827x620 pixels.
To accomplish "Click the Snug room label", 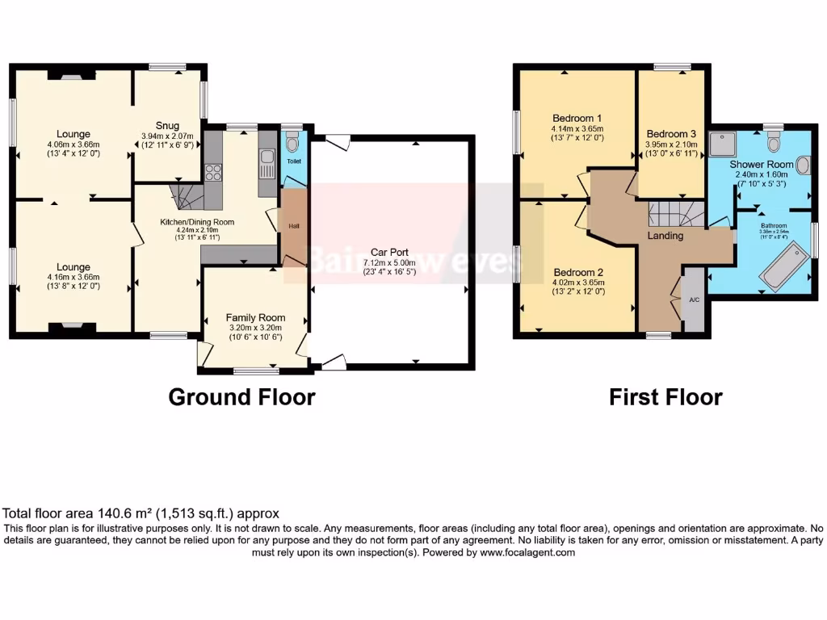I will tap(167, 125).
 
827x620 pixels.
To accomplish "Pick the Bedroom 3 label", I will tap(671, 133).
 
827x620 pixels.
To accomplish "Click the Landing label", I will tap(665, 236).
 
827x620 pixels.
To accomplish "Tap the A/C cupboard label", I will tap(694, 300).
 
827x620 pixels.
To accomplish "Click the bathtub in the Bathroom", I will tap(786, 270).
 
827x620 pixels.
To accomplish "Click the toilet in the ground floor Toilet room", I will tap(293, 145).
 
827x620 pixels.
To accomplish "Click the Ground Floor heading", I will tap(241, 397).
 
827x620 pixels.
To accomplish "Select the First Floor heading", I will tap(665, 397).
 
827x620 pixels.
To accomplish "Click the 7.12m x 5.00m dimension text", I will tap(388, 263).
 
